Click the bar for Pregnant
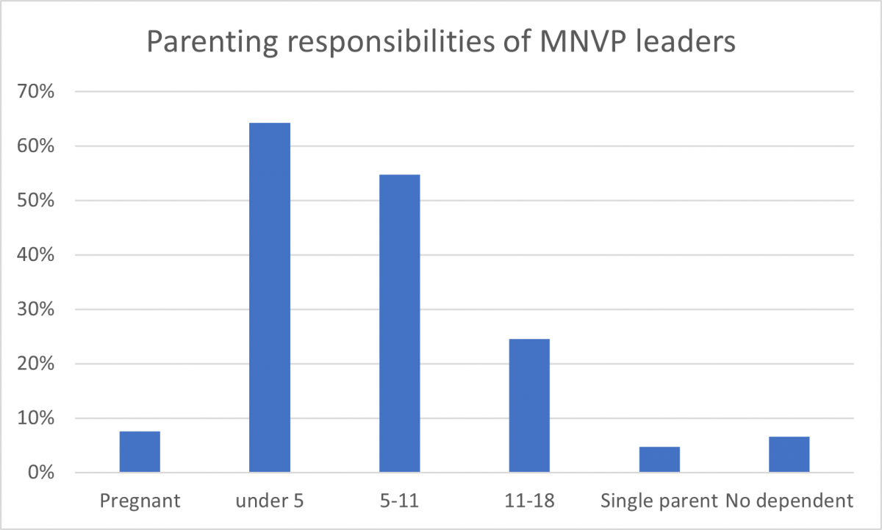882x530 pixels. pyautogui.click(x=140, y=452)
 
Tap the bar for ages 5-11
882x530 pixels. pyautogui.click(x=399, y=323)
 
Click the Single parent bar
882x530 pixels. pyautogui.click(x=659, y=459)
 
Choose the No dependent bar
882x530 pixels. pyautogui.click(x=789, y=454)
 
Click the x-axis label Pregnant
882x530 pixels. pyautogui.click(x=140, y=501)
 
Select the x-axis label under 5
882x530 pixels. pyautogui.click(x=270, y=501)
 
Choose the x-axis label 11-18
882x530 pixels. pyautogui.click(x=529, y=501)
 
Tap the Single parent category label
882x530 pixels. pyautogui.click(x=659, y=501)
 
